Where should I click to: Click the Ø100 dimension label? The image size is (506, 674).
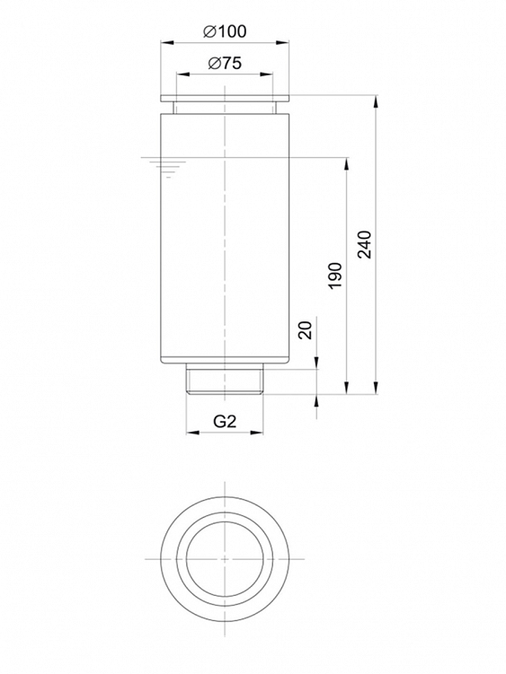pos(225,31)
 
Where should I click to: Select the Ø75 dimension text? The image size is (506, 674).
pos(225,63)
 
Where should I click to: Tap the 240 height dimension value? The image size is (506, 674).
pos(365,244)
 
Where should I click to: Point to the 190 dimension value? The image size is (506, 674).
pos(334,276)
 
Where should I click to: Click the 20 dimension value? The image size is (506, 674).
pos(305,330)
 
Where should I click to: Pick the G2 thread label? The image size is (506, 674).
pos(225,422)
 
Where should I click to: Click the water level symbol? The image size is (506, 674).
pos(169,167)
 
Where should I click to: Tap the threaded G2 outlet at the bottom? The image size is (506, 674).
pos(225,379)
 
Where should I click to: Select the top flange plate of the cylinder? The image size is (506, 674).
pos(225,99)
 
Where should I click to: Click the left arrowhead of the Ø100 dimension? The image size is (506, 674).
pos(166,42)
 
